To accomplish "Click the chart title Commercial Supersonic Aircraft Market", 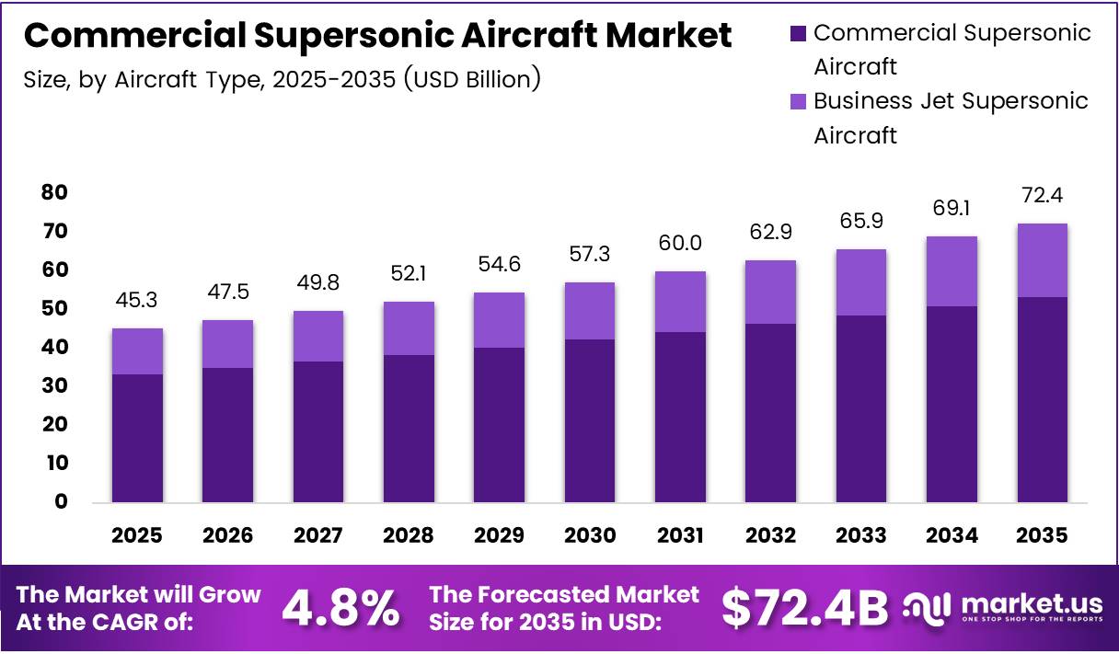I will (x=377, y=36).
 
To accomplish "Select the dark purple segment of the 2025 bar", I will (x=138, y=438).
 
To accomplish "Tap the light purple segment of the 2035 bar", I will (x=1043, y=260).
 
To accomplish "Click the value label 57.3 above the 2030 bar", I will (x=590, y=254).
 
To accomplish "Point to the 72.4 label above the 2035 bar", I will (x=1043, y=195).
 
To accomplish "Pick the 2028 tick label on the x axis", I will (x=409, y=535).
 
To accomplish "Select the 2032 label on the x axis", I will (x=770, y=535).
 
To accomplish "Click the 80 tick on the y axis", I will (x=54, y=192).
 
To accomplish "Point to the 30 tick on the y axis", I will (x=54, y=386).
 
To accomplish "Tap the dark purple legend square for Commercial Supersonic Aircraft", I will (x=797, y=34).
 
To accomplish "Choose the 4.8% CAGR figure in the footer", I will (x=340, y=608).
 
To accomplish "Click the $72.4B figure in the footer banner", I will (x=804, y=608).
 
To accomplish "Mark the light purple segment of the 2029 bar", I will (x=500, y=320).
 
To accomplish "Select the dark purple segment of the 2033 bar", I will (x=861, y=409).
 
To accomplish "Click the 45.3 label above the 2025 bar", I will (x=138, y=300).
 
